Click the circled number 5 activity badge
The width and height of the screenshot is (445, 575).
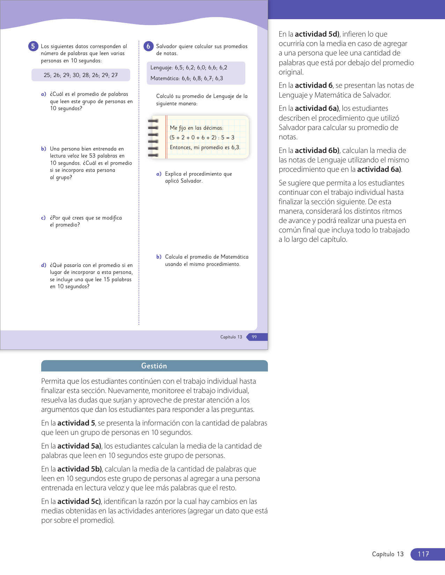pos(33,46)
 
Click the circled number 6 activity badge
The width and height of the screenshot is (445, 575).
pos(148,46)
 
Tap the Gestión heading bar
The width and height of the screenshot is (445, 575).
pos(154,366)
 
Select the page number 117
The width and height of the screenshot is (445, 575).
pos(423,554)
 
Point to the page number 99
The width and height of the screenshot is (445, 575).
pos(254,337)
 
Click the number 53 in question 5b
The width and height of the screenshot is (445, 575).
pos(92,156)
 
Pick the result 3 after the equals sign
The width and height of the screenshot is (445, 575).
pos(233,138)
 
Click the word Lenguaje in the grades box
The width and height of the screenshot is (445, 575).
pos(161,68)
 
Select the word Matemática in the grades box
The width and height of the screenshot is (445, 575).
pos(164,78)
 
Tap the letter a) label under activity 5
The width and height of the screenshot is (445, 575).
pos(44,94)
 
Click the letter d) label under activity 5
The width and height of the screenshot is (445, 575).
pos(44,265)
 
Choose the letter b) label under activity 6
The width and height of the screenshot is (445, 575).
pos(159,257)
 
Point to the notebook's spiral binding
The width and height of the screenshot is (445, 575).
pos(153,138)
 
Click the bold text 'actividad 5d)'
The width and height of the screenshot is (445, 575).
pos(317,34)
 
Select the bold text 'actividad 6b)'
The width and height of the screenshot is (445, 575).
pos(317,151)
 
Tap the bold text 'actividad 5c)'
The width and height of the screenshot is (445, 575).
pos(79,501)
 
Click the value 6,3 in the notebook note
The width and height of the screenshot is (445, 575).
pos(236,147)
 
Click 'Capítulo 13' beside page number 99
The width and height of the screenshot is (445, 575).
pos(231,337)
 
